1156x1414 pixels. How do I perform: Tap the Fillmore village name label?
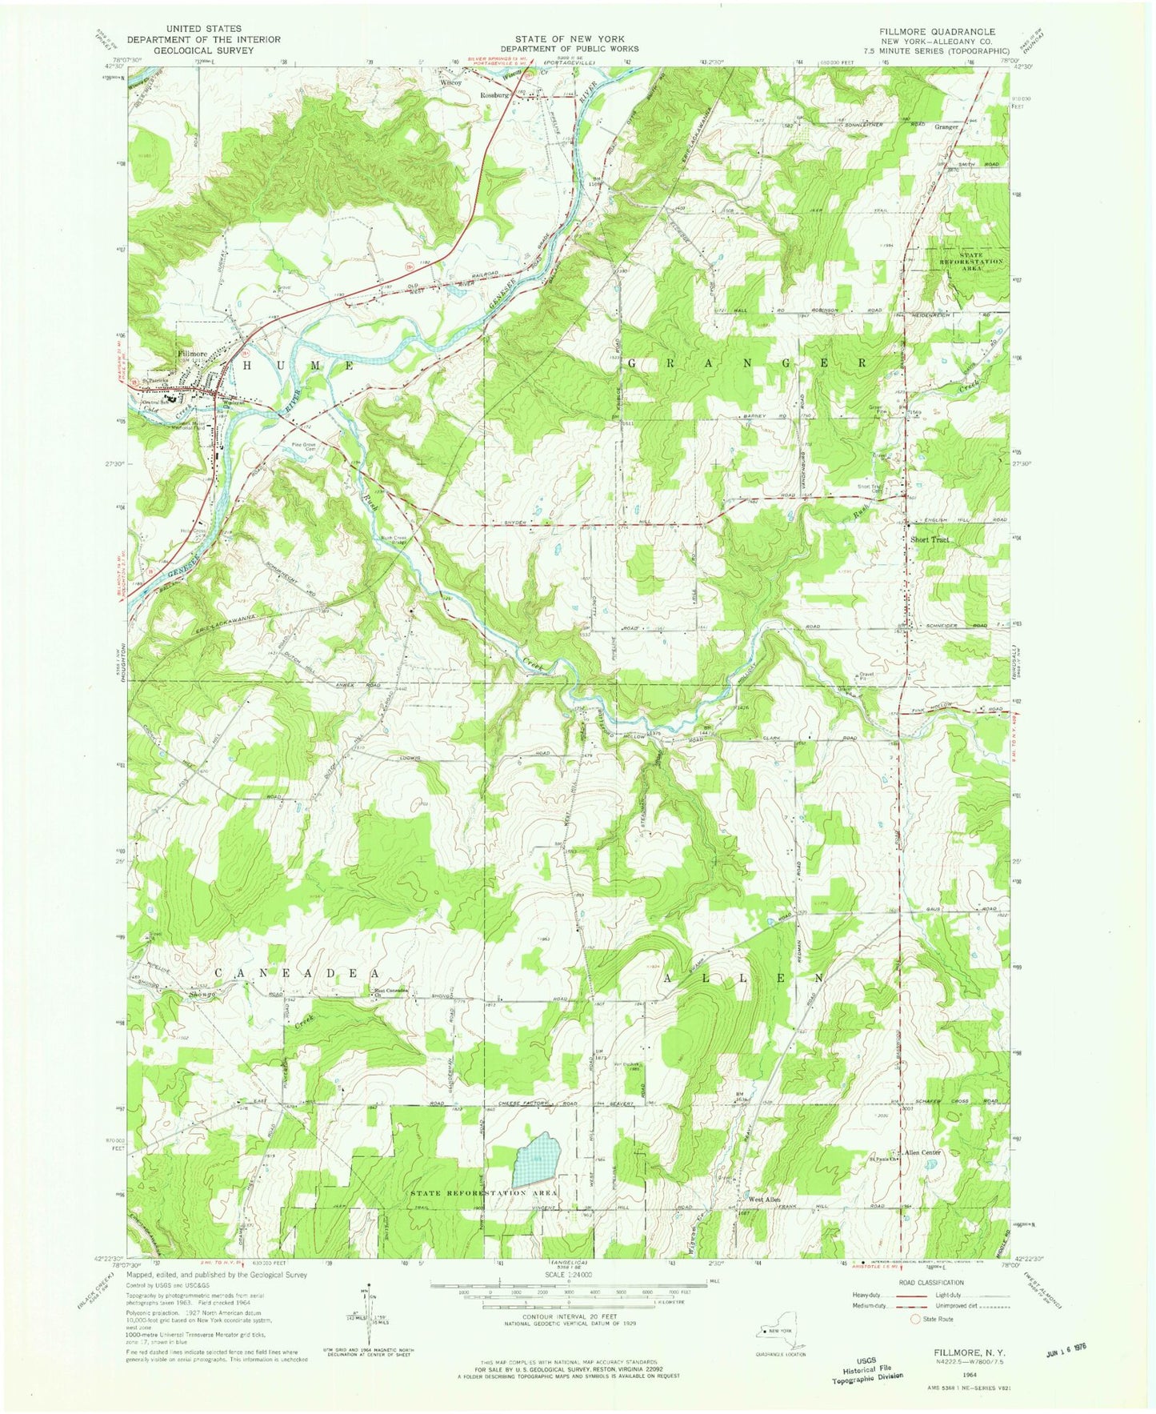[x=192, y=353]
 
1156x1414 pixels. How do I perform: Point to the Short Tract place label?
[x=930, y=539]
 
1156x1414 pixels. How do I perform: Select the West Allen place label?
[x=764, y=1200]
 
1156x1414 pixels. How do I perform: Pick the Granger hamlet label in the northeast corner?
[x=946, y=126]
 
